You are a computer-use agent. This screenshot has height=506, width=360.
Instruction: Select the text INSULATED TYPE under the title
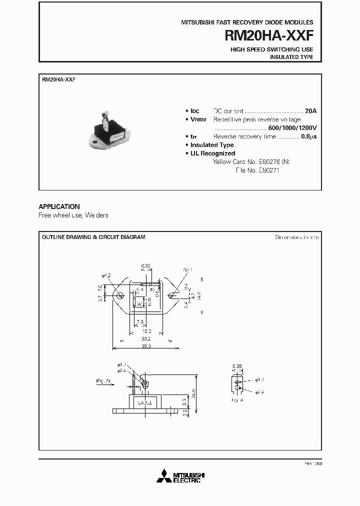[291, 57]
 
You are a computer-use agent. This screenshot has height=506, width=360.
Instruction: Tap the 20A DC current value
[311, 111]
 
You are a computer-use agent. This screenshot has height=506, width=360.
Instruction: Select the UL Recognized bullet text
[212, 153]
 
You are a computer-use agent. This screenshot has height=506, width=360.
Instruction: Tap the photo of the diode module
[108, 130]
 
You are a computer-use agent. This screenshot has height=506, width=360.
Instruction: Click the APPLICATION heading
[59, 206]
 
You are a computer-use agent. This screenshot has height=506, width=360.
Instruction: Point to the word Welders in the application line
[96, 215]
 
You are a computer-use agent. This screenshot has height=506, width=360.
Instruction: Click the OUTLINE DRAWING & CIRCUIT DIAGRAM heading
[93, 237]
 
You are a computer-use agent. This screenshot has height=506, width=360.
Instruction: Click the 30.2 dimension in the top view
[145, 338]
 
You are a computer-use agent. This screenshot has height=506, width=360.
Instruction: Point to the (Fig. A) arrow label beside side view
[103, 381]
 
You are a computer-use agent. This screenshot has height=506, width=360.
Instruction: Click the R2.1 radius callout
[188, 270]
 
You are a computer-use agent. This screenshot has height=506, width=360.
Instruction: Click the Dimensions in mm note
[296, 237]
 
